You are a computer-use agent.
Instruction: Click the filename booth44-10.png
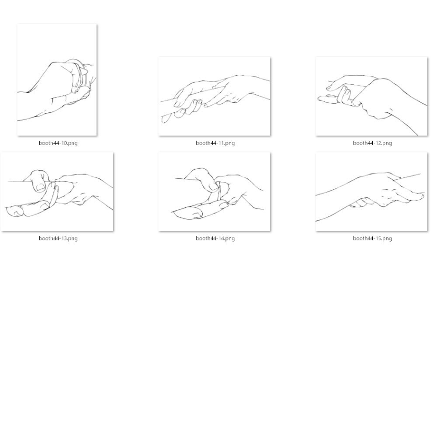58,143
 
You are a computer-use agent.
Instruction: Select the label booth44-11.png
215,143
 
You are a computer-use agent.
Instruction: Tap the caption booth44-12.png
372,143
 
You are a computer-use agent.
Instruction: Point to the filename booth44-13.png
58,238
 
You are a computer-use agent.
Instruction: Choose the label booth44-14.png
215,238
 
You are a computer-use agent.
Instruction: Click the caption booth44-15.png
372,238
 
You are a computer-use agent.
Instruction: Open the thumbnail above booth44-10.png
57,80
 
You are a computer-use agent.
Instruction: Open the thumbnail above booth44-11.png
214,97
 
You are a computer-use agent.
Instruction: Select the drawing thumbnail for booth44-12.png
371,97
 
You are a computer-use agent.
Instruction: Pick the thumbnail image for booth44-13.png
57,192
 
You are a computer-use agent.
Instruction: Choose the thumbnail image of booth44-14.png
214,192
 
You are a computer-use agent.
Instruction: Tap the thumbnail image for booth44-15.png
371,192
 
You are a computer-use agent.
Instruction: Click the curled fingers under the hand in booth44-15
361,202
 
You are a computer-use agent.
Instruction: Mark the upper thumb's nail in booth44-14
214,186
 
